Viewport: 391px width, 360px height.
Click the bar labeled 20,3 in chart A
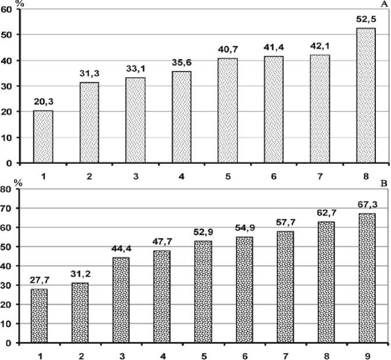[x=43, y=137]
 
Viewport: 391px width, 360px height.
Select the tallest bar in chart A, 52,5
[x=365, y=96]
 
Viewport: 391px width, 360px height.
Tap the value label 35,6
[x=181, y=62]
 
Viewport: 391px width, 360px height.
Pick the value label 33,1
[x=135, y=69]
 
